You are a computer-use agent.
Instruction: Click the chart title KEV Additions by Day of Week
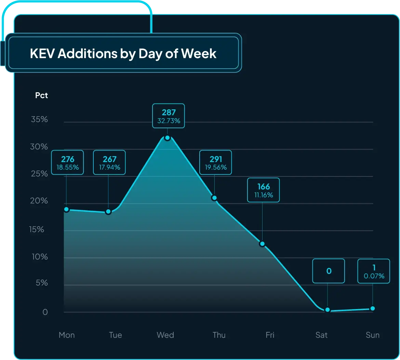point(123,54)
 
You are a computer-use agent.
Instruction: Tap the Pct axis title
point(41,95)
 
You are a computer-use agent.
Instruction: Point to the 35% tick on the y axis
point(39,119)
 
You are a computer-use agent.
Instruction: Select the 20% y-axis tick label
point(39,201)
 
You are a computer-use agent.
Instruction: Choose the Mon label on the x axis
point(67,335)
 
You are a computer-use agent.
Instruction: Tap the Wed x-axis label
point(165,335)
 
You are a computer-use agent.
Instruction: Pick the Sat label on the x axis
point(321,335)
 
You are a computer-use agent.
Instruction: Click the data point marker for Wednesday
point(167,138)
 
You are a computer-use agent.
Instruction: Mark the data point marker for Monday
point(66,209)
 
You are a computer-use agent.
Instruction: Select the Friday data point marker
point(262,244)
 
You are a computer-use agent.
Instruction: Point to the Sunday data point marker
point(373,308)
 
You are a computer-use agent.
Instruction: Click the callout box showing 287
point(169,116)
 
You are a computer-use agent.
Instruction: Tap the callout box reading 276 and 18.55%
point(68,162)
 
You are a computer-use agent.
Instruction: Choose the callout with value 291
point(216,162)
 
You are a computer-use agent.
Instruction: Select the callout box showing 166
point(264,190)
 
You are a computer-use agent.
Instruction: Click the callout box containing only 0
point(329,271)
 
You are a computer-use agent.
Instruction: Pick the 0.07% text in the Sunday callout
point(374,276)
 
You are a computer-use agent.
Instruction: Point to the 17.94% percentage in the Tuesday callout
point(109,167)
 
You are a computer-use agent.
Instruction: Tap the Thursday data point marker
point(214,198)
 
